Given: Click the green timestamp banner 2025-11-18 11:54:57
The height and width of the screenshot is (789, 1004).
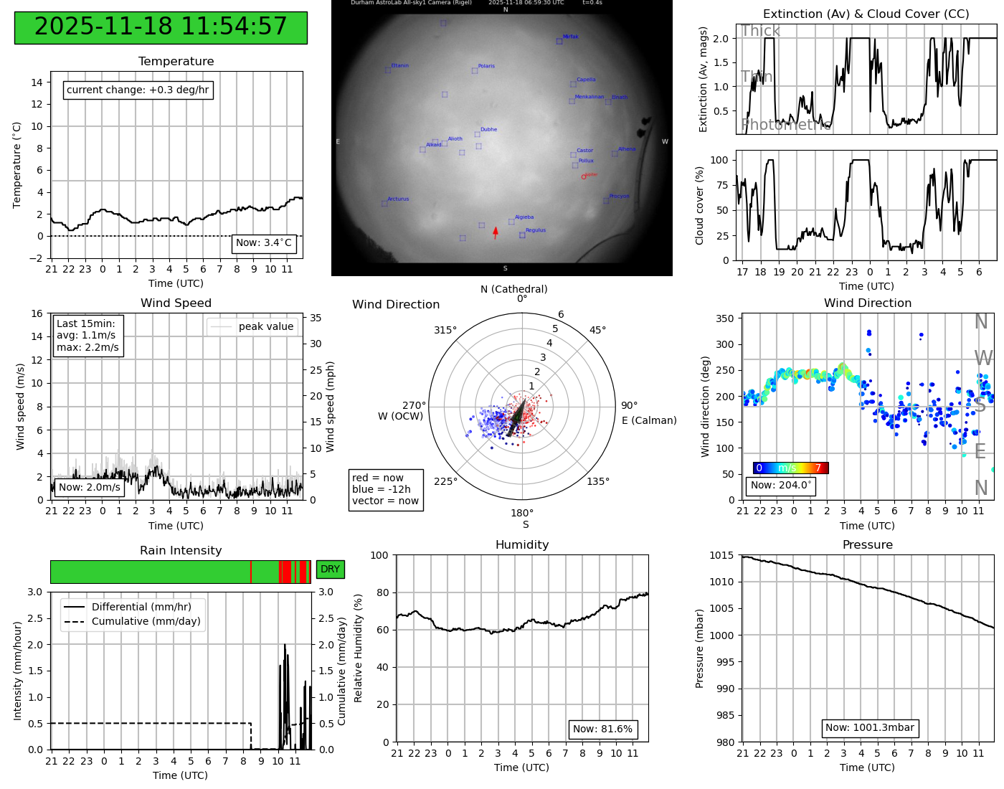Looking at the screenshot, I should [161, 27].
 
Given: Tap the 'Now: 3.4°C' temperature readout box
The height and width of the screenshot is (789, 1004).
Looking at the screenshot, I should [264, 243].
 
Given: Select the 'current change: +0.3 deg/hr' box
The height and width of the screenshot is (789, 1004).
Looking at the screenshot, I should [138, 90].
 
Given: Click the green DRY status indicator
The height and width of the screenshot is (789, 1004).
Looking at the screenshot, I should [330, 570].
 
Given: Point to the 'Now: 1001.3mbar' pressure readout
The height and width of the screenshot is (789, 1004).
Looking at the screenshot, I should [869, 728].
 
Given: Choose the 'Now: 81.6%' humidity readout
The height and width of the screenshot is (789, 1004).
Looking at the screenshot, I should [602, 729].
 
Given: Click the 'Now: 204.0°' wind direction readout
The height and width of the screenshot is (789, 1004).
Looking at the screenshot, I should [780, 486].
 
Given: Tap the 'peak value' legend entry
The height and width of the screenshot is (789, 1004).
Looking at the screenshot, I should [265, 327].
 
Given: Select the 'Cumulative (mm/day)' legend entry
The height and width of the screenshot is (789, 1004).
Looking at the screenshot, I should [146, 622].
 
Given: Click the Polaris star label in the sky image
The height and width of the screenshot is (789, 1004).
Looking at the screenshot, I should [486, 66].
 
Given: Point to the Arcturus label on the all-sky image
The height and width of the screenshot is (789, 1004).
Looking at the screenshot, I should [398, 199].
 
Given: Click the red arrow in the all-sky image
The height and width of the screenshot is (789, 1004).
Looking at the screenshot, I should [495, 233].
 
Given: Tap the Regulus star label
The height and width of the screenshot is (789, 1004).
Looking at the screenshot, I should [535, 230].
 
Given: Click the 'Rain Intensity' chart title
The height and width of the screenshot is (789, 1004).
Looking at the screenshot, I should [181, 550].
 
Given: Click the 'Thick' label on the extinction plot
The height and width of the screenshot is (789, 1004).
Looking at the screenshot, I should [760, 31].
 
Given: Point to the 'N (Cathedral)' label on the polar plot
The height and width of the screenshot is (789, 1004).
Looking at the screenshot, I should [513, 289].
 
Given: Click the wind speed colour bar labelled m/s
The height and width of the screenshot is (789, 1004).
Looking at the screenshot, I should [790, 468].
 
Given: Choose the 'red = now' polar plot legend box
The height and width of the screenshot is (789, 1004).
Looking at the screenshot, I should [385, 489].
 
